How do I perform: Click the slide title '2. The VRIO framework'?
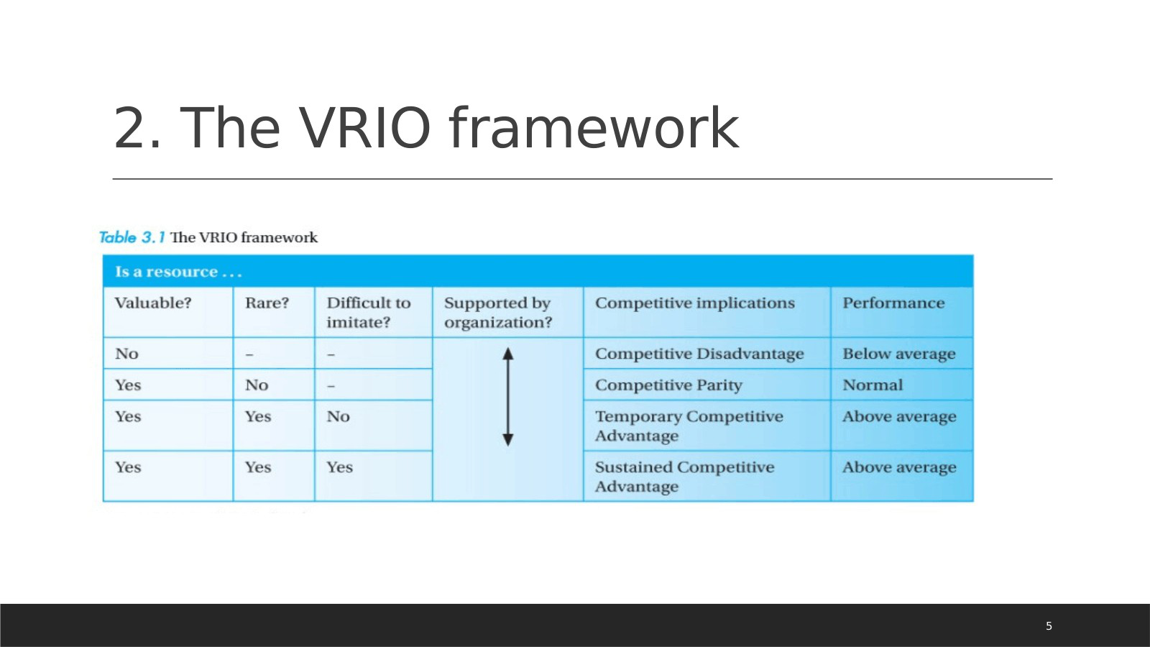[x=425, y=128]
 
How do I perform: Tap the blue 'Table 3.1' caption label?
[x=132, y=237]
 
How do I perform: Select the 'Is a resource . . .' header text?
[x=178, y=271]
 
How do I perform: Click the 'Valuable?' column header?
[x=153, y=303]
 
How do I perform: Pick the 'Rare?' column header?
[x=267, y=303]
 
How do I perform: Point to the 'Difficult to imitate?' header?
[x=369, y=312]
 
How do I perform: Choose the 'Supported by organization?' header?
[x=498, y=312]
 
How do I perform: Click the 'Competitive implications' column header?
[x=694, y=303]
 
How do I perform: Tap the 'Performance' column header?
[x=893, y=303]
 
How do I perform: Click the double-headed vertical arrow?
[x=507, y=397]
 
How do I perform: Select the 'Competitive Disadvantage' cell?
[x=699, y=353]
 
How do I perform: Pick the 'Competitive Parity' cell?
[x=668, y=385]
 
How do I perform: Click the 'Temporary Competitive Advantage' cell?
[x=689, y=426]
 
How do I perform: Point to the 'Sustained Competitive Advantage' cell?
[x=684, y=477]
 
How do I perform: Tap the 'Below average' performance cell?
[x=899, y=353]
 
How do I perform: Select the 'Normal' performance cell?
[x=873, y=385]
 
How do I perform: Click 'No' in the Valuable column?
[x=126, y=353]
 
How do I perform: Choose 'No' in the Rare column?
[x=257, y=385]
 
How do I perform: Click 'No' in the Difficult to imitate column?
[x=339, y=416]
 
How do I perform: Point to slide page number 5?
[x=1049, y=626]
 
